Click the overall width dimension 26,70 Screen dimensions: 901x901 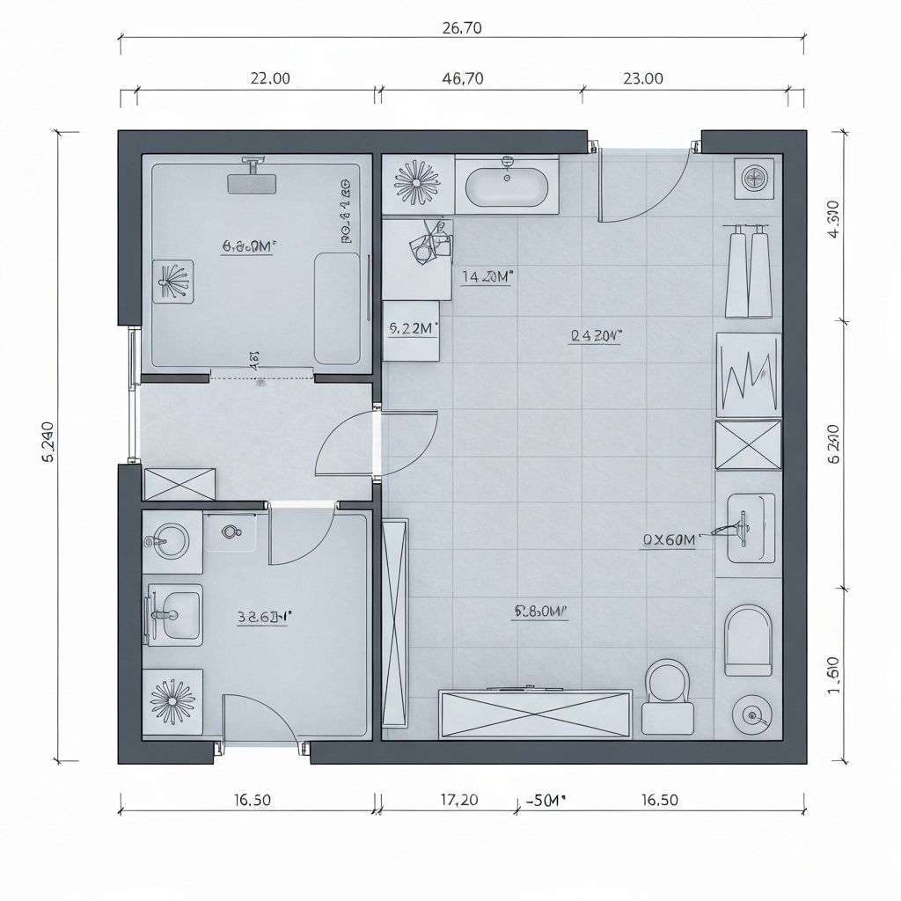pos(461,27)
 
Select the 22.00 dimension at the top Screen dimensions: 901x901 pos(270,78)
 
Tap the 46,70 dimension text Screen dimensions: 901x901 pos(461,78)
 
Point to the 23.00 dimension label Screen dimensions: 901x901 pos(643,78)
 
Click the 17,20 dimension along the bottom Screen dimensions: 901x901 pos(458,800)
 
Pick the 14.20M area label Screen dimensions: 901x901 pos(487,276)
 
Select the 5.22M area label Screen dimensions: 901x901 pos(413,328)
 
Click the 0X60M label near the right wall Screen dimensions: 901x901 pos(669,540)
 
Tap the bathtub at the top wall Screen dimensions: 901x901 pos(507,185)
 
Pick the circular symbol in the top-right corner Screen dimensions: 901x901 pos(755,178)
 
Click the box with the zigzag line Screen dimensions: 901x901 pos(748,373)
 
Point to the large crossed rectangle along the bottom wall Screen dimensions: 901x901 pos(535,714)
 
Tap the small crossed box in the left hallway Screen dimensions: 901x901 pos(179,484)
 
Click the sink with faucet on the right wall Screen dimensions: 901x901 pos(750,527)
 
